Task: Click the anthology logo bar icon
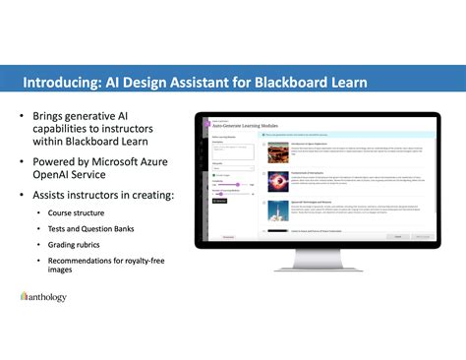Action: pos(25,295)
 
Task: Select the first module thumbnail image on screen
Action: pos(271,150)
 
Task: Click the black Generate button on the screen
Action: pos(219,201)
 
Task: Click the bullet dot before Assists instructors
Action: pos(22,196)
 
